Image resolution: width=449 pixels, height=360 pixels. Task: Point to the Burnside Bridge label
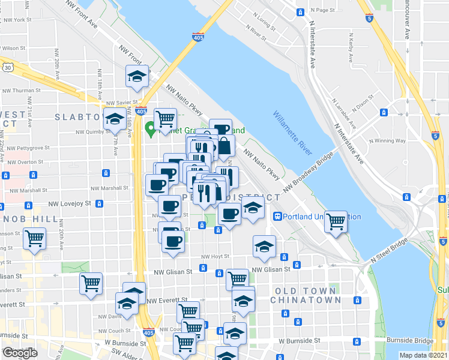[410, 340]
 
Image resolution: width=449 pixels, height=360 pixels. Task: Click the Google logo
[20, 353]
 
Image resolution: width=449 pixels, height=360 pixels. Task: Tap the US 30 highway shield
[7, 67]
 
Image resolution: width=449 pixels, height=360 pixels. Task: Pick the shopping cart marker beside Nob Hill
[35, 239]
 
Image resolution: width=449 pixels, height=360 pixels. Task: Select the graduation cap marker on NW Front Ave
[137, 77]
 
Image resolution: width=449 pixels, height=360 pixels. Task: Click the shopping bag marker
[224, 146]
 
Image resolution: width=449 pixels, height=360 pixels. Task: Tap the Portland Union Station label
[317, 217]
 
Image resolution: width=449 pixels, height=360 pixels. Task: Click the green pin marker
[150, 128]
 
